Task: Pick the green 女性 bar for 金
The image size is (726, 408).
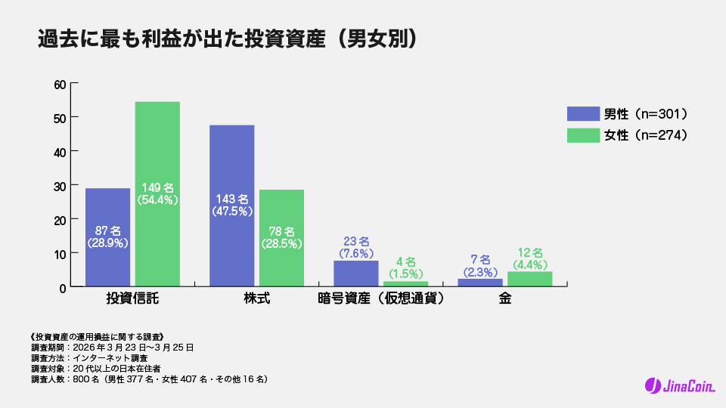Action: point(529,279)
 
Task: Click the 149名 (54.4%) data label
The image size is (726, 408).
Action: point(157,193)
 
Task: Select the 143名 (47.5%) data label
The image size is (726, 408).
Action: point(231,205)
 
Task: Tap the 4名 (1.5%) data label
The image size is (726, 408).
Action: point(405,267)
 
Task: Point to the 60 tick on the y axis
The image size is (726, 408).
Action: point(60,84)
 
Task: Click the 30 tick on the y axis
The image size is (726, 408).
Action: point(60,185)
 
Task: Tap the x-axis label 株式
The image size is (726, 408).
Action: point(256,298)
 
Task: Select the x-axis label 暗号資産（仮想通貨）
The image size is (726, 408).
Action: point(380,298)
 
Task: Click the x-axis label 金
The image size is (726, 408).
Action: point(504,298)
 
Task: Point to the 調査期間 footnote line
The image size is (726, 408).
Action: point(113,348)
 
